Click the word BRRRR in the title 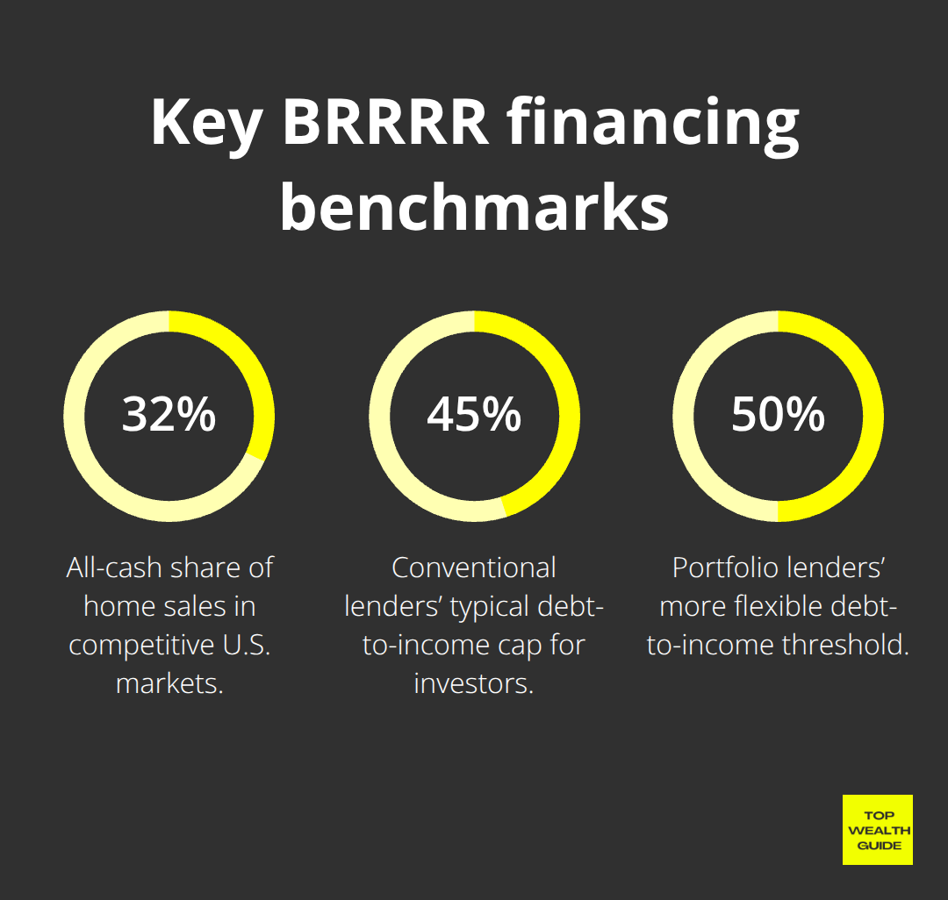tap(385, 122)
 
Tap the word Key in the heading tap(206, 127)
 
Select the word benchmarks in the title tap(475, 206)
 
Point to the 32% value tap(169, 414)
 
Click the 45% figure tap(474, 414)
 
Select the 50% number tap(778, 414)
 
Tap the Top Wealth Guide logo tap(878, 830)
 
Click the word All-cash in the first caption tap(113, 568)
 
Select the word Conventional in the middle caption tap(474, 568)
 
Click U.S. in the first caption tap(246, 645)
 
